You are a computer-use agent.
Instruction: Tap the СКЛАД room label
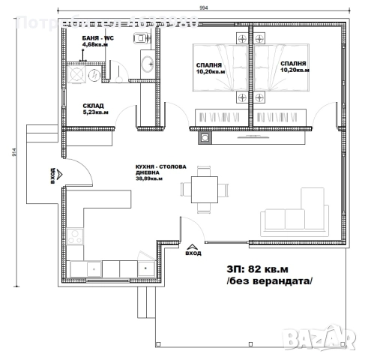93,106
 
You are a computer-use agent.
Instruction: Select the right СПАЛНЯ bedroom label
293,65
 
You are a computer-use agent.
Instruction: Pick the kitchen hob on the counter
75,237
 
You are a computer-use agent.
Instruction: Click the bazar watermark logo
323,343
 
